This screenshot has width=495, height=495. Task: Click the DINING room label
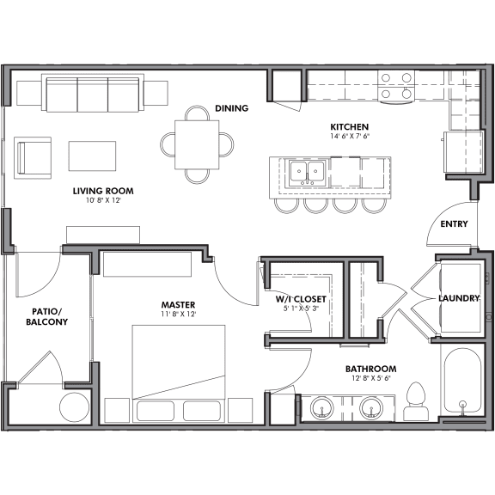click(x=231, y=108)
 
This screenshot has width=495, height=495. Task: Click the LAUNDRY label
click(x=458, y=298)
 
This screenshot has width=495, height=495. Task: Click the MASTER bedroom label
click(x=178, y=304)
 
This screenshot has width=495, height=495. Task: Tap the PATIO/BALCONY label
click(x=46, y=315)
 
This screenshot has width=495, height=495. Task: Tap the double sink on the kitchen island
click(x=305, y=172)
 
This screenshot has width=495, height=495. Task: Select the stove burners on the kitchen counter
click(x=396, y=84)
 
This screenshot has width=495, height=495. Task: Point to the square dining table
click(x=197, y=144)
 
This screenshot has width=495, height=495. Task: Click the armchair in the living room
click(x=33, y=156)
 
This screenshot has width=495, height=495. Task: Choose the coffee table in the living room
click(x=92, y=156)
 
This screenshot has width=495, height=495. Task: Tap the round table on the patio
click(x=75, y=407)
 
